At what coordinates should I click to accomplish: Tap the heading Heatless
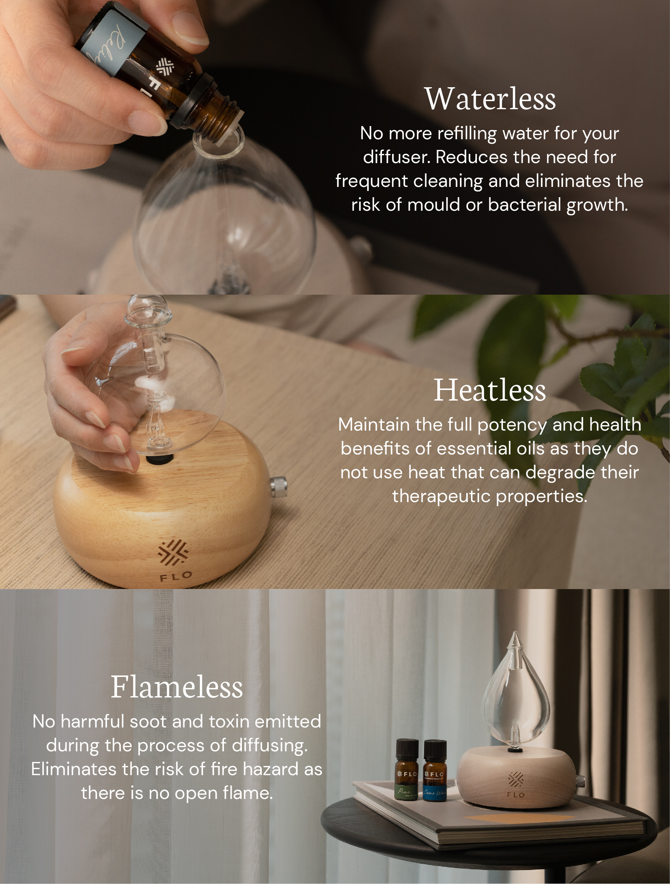coord(490,390)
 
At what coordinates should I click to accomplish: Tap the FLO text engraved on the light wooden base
coord(176,576)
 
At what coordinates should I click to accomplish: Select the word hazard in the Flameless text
coord(272,769)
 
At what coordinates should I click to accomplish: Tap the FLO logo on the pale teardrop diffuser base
coord(516,784)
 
